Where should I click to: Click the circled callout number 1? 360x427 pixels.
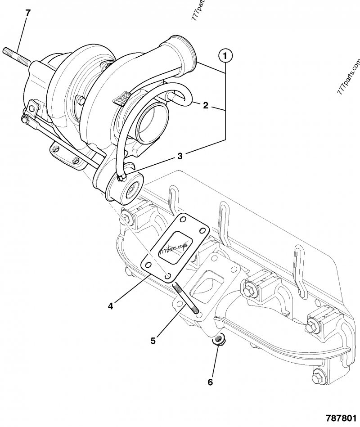click(225, 56)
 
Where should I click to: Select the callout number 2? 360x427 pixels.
click(205, 106)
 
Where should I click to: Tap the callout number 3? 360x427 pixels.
click(180, 156)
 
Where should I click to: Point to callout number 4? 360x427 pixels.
click(110, 306)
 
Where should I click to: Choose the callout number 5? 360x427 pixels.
click(153, 341)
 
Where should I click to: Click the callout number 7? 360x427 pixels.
click(28, 13)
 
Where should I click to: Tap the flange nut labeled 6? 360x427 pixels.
click(219, 341)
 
